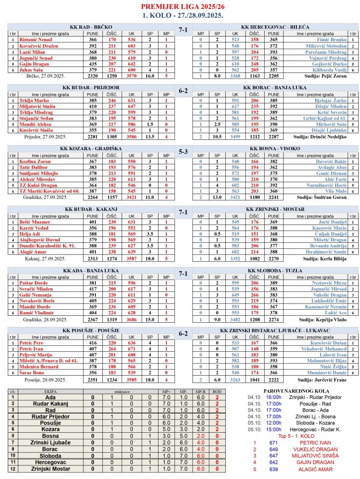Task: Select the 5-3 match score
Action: coord(183,152)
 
